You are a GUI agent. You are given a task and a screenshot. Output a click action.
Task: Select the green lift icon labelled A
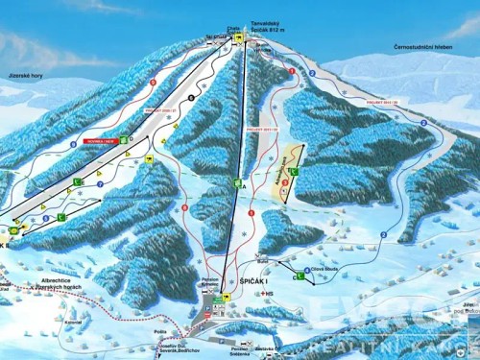pyautogui.click(x=236, y=181)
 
